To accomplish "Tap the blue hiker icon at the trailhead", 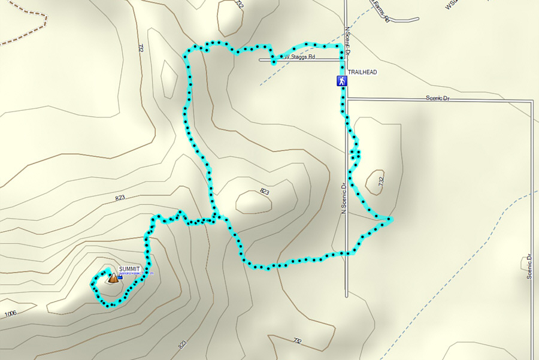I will [341, 81].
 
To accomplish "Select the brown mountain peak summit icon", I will [113, 277].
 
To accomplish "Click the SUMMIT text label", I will [129, 269].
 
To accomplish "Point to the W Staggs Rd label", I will [299, 57].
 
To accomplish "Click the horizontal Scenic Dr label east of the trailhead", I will [437, 98].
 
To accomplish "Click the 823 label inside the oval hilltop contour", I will [264, 192].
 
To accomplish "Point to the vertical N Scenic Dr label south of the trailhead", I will [344, 198].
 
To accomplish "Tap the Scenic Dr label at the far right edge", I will [530, 267].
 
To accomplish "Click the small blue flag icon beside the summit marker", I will [120, 277].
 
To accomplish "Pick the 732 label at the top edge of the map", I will [240, 4].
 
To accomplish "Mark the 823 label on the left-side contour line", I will [119, 198].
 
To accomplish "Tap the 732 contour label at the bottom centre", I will [297, 341].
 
